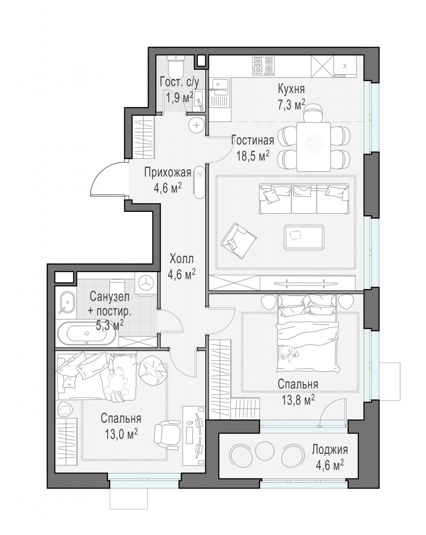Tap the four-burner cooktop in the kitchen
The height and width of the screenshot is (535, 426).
263,66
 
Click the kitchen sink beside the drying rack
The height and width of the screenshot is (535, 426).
219,83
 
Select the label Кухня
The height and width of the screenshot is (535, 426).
291,89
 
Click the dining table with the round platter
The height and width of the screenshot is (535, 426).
313,147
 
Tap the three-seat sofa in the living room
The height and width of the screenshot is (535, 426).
304,199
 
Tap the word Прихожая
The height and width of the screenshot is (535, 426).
168,173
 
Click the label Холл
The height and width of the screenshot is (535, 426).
182,259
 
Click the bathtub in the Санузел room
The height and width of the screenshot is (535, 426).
86,333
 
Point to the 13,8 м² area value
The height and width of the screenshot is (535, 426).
298,400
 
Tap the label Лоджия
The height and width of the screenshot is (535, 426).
330,450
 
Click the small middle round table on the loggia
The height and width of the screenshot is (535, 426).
265,450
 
